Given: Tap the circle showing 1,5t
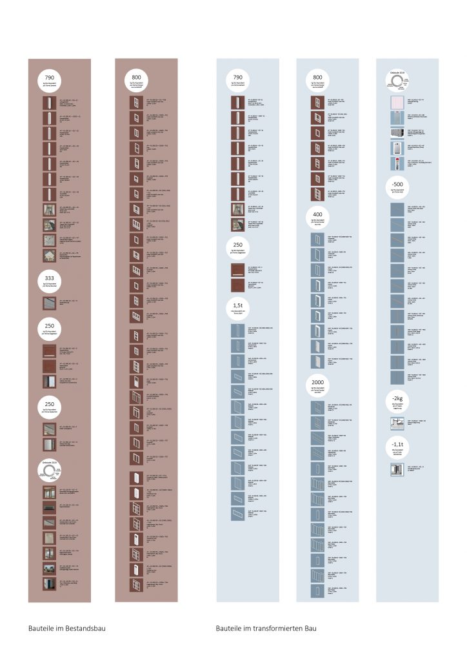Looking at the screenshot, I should click(x=238, y=307).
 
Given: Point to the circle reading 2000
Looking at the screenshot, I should click(x=317, y=385).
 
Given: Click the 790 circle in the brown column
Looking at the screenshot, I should click(x=49, y=81).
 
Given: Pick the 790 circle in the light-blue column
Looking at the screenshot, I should click(x=238, y=81).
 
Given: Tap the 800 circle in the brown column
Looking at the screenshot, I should click(x=136, y=81).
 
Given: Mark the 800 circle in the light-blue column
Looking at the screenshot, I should click(x=317, y=81).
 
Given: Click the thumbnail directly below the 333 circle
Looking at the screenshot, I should click(x=49, y=303).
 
